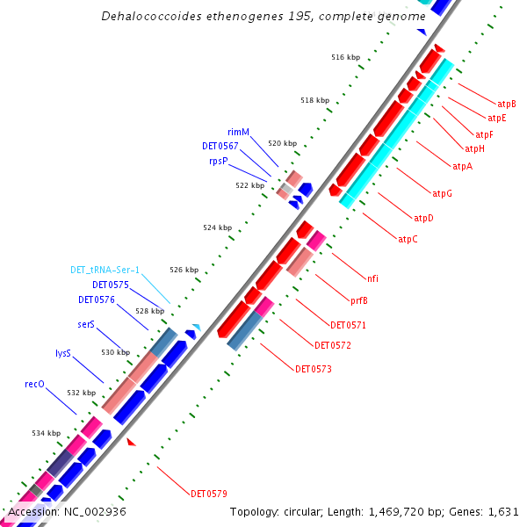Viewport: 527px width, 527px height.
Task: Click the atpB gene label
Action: pyautogui.click(x=507, y=104)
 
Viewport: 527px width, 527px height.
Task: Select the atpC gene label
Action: pyautogui.click(x=408, y=239)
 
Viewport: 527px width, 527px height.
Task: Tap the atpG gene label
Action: pyautogui.click(x=443, y=193)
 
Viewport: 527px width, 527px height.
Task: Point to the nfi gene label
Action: pyautogui.click(x=372, y=278)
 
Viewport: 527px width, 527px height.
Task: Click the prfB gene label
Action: pyautogui.click(x=358, y=301)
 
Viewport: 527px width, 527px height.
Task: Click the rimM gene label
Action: pyautogui.click(x=239, y=132)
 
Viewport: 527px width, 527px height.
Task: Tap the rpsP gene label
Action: pyautogui.click(x=219, y=162)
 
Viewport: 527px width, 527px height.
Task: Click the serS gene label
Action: pyautogui.click(x=86, y=324)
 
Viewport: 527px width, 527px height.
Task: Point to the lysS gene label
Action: pyautogui.click(x=62, y=353)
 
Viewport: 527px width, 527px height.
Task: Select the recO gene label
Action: pyautogui.click(x=34, y=384)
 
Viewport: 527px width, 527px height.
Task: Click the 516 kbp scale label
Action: pyautogui.click(x=345, y=57)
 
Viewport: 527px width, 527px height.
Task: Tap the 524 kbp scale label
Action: pyautogui.click(x=217, y=227)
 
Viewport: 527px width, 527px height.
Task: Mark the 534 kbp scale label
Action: pyautogui.click(x=47, y=433)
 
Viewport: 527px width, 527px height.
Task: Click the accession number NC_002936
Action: pyautogui.click(x=93, y=511)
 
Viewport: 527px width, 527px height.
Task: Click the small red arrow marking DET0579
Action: pyautogui.click(x=132, y=442)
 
